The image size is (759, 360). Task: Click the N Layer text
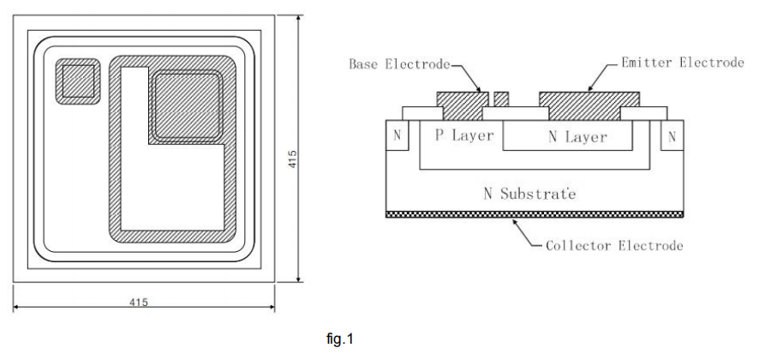coord(577,136)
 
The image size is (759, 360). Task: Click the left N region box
coord(397,136)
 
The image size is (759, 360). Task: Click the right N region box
coord(672,136)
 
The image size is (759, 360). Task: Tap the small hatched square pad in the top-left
coord(78,83)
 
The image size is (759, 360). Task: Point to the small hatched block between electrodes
coord(502,99)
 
